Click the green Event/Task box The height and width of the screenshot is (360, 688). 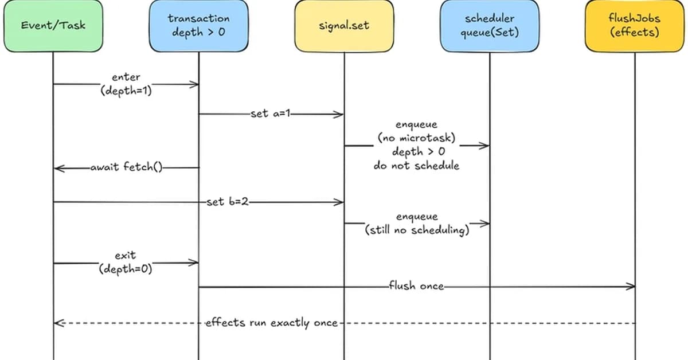(x=53, y=26)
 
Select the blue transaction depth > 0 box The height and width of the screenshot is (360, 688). (x=198, y=26)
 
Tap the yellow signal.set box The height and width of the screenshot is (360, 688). (x=344, y=26)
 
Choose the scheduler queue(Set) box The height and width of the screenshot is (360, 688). (x=490, y=26)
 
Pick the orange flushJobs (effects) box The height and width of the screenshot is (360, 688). (x=635, y=26)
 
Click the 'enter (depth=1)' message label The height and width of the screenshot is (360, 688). (x=126, y=84)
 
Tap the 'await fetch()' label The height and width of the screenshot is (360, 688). (x=126, y=168)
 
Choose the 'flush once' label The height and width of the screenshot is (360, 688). (x=416, y=285)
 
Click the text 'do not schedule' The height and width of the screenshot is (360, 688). (x=416, y=166)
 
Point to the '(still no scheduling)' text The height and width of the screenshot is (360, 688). (x=417, y=230)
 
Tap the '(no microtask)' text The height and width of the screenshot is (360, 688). (x=416, y=138)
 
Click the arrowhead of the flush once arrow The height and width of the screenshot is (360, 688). (x=632, y=286)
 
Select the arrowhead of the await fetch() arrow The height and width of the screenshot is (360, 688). (x=57, y=169)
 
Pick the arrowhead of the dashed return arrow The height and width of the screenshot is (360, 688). (x=57, y=323)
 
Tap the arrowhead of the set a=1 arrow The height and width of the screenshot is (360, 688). (x=340, y=114)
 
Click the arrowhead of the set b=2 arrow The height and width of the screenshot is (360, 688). (x=340, y=202)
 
